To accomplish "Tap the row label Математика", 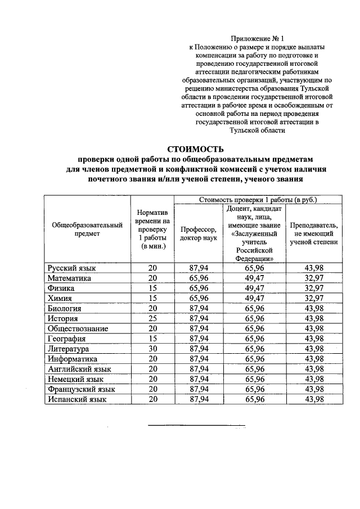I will [x=69, y=278].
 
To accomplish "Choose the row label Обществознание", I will [x=78, y=328].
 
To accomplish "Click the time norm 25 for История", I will [x=152, y=318].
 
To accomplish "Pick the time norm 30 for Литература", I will [x=152, y=349].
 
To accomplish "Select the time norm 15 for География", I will [x=152, y=339].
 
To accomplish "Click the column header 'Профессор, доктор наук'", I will [x=199, y=233].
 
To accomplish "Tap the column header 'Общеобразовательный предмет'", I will [x=87, y=229].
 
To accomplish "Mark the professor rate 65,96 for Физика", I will [x=199, y=288].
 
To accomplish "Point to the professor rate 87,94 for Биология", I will [x=199, y=308].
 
